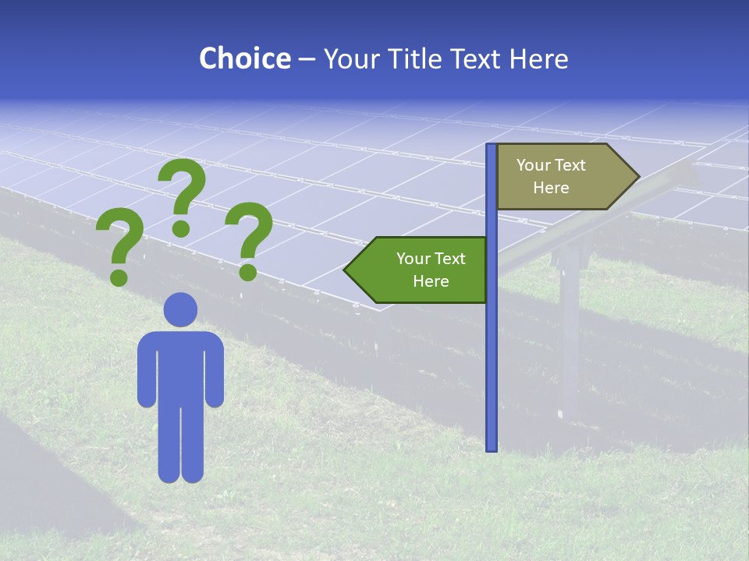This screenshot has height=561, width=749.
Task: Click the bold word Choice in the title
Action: pyautogui.click(x=244, y=58)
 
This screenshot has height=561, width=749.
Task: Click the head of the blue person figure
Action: pyautogui.click(x=180, y=309)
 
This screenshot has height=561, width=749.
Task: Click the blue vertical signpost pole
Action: pyautogui.click(x=492, y=351)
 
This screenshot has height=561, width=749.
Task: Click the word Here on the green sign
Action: pyautogui.click(x=431, y=281)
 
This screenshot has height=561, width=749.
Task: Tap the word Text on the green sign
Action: pyautogui.click(x=450, y=259)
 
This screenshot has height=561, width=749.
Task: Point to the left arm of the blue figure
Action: pyautogui.click(x=147, y=370)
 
